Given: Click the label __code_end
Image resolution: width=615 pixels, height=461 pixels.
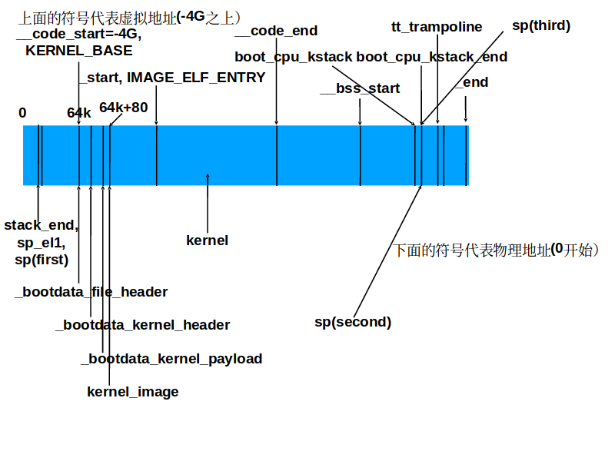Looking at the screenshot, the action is coord(276,31).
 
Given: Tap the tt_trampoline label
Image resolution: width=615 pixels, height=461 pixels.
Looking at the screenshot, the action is coord(437,27).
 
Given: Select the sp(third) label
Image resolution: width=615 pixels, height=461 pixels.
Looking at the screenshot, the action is coord(541,25).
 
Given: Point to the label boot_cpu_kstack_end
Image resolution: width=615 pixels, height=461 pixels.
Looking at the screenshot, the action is coord(432,57).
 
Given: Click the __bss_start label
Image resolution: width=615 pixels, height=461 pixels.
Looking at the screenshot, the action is coord(360,88).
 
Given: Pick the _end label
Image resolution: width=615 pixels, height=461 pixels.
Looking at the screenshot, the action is coord(472,82).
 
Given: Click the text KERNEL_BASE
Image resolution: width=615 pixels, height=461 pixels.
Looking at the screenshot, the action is coord(79,51).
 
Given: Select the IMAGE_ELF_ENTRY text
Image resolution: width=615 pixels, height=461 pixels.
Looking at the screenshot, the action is coord(196,78).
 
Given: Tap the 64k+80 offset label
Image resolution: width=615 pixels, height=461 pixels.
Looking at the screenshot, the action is coord(124,108).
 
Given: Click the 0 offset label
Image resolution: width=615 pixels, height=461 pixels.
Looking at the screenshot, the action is coord(22,113).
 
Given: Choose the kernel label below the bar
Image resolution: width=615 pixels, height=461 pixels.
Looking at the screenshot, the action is coord(207,240).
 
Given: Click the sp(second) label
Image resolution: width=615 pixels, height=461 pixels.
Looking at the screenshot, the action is coord(353,322).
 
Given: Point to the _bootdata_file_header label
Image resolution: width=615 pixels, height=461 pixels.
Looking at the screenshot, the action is coord(91,292).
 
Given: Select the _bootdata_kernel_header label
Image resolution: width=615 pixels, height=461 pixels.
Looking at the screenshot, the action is coord(143,325).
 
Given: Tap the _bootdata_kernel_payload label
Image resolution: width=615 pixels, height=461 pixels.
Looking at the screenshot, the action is coord(171,359).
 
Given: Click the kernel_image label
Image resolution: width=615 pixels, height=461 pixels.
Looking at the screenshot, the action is coord(132,392).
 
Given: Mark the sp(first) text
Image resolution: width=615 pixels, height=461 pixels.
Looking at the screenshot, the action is coord(42,260).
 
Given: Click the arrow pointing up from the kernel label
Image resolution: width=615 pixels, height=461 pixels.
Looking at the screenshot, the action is coord(208,203).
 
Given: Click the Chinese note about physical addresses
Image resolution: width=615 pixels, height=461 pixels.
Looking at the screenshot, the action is coord(496,250).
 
